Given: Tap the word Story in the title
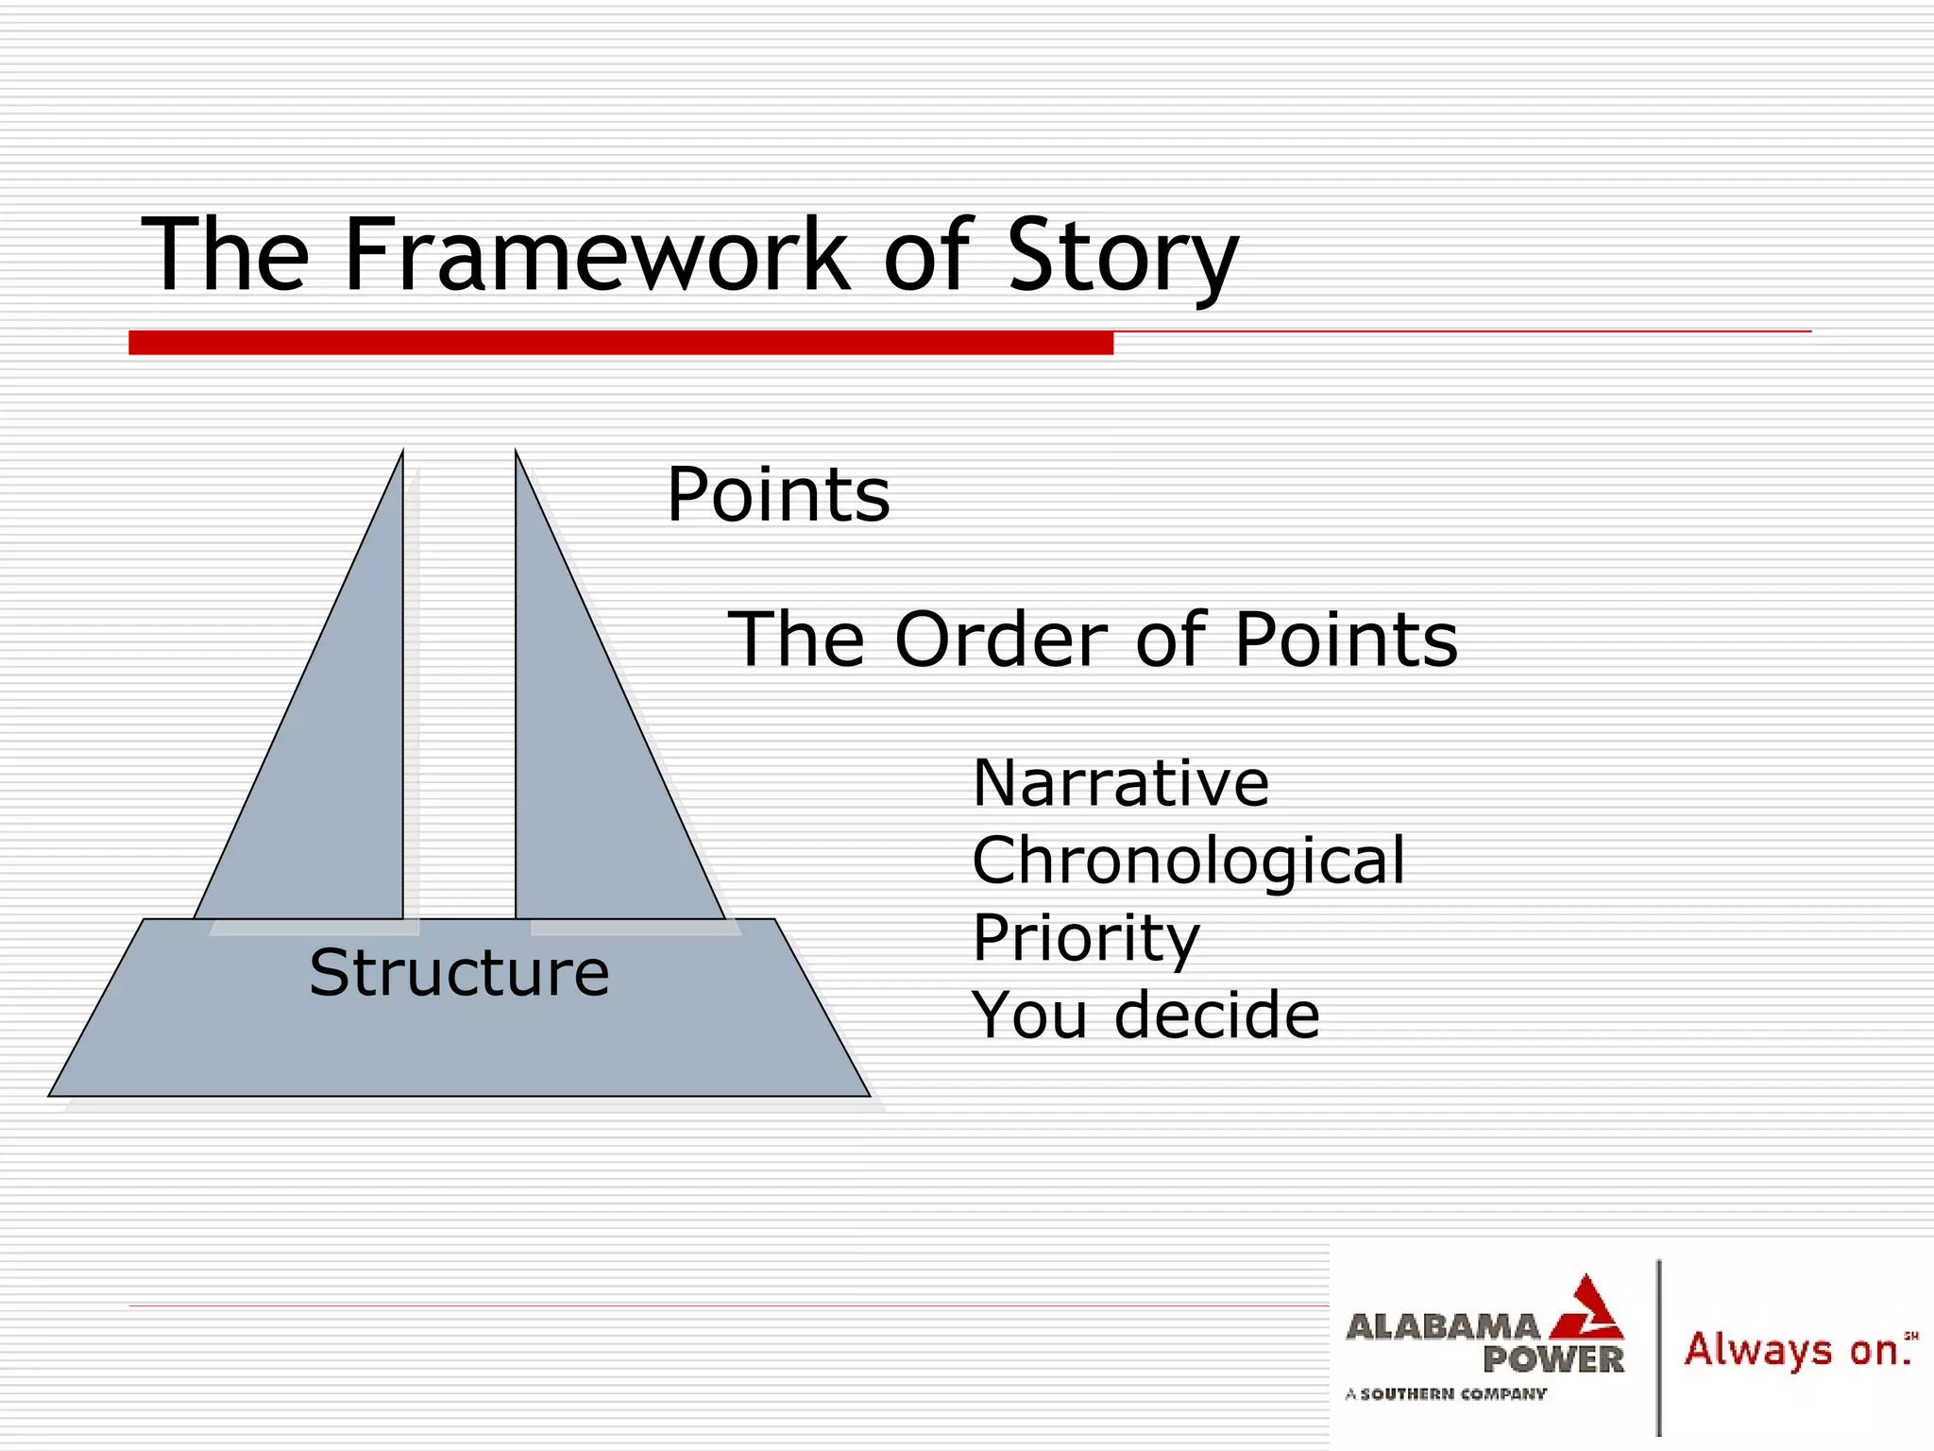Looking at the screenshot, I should [x=1122, y=257].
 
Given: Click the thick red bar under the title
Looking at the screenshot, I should [x=620, y=343].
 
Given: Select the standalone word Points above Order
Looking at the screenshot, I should [x=778, y=495].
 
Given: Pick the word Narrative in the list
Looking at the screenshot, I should [x=1120, y=784].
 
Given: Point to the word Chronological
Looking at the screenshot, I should [x=1188, y=862].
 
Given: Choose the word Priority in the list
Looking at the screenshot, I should [x=1085, y=938].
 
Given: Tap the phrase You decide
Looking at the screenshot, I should [x=1145, y=1016].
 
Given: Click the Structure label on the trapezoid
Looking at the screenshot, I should [x=459, y=973].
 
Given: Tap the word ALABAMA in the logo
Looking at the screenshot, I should [x=1442, y=1327].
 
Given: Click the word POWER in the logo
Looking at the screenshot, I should [x=1552, y=1360].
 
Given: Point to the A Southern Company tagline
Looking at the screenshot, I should [x=1446, y=1393].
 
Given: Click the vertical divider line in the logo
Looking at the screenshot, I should [x=1659, y=1346].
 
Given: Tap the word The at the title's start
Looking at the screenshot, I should [x=225, y=255].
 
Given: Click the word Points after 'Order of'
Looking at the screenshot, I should [x=1346, y=640].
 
